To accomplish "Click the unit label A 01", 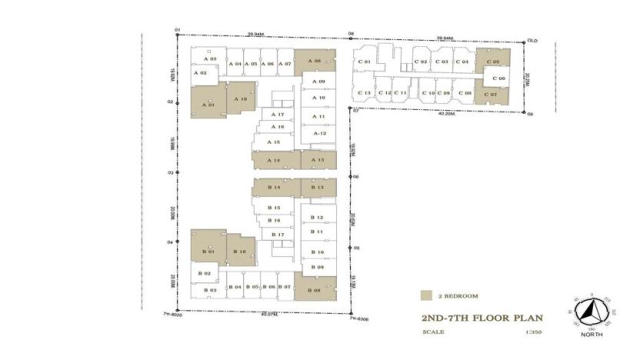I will click(205, 105).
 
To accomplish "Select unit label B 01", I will click(206, 252).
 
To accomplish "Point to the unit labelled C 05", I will click(492, 62).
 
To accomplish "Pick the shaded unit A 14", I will click(273, 160).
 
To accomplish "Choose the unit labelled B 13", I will click(318, 188).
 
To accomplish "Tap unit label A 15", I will click(273, 142).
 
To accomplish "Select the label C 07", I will click(492, 95).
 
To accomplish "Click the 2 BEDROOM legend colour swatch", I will click(425, 295).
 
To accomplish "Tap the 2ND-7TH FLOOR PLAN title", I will click(482, 317).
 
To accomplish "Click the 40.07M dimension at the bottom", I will click(268, 313).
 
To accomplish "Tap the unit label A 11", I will click(318, 116).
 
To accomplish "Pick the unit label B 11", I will click(316, 232).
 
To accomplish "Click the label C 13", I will click(365, 93).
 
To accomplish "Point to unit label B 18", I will click(240, 252).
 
